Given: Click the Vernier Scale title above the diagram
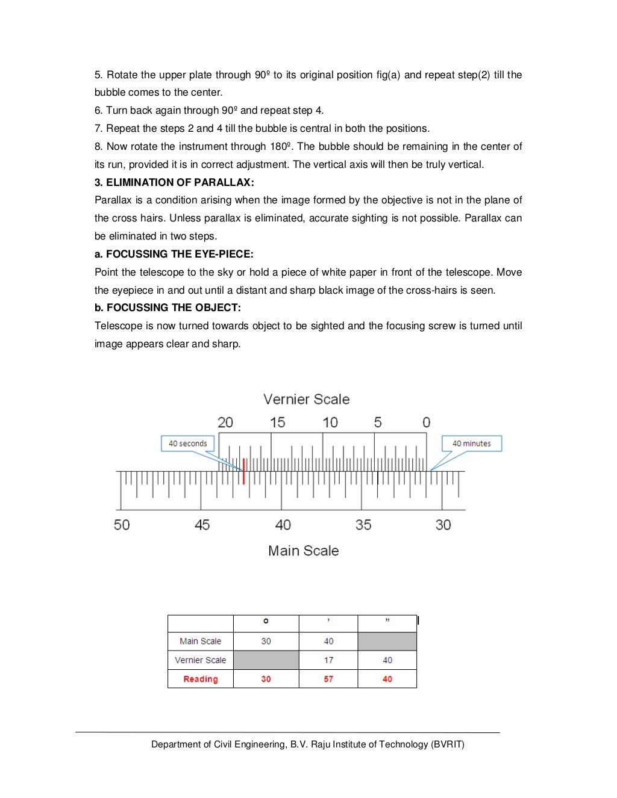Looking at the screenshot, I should pyautogui.click(x=306, y=400).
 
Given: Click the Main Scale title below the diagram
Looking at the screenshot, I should pyautogui.click(x=303, y=551).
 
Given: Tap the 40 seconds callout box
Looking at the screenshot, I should pyautogui.click(x=187, y=444).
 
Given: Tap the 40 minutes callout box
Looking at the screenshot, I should pyautogui.click(x=471, y=444).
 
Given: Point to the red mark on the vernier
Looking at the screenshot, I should pyautogui.click(x=243, y=471).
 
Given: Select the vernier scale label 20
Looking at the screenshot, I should pyautogui.click(x=225, y=422).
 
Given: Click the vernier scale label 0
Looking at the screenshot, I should pyautogui.click(x=426, y=422).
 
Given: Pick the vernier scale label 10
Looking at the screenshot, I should pyautogui.click(x=330, y=422).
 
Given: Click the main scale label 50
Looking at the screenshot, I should pyautogui.click(x=122, y=525).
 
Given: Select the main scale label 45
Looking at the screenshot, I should pyautogui.click(x=202, y=525).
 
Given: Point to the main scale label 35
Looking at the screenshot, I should pyautogui.click(x=363, y=525).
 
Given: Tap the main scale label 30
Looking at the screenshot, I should pyautogui.click(x=443, y=525).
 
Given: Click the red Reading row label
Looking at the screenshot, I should pyautogui.click(x=200, y=679).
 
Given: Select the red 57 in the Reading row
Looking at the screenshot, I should pyautogui.click(x=328, y=679).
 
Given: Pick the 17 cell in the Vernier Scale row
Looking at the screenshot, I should pyautogui.click(x=328, y=660).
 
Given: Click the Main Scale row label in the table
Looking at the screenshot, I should pyautogui.click(x=200, y=642).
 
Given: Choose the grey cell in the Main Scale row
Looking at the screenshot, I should pyautogui.click(x=387, y=642).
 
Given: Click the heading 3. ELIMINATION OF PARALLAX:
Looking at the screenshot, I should pyautogui.click(x=174, y=182).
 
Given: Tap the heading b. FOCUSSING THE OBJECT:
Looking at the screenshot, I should pyautogui.click(x=168, y=308).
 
